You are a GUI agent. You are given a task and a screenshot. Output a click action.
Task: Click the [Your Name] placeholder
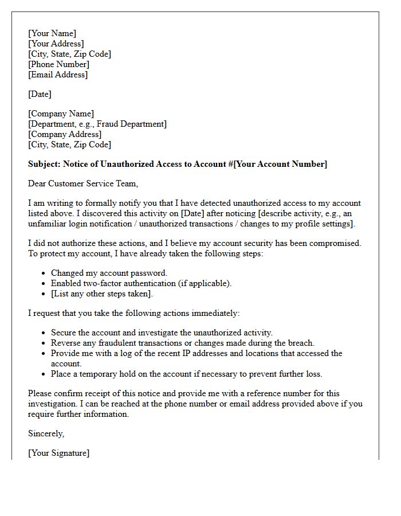pos(52,33)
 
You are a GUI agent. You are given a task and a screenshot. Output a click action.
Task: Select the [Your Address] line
pos(56,44)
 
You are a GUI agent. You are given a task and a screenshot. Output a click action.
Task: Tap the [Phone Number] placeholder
pos(59,64)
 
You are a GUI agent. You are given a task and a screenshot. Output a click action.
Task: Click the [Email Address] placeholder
pos(58,75)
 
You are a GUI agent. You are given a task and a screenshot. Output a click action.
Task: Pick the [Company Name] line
pos(61,114)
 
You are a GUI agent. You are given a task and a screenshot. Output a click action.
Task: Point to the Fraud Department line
pos(97,124)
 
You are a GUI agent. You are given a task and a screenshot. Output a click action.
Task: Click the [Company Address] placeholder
pos(65,134)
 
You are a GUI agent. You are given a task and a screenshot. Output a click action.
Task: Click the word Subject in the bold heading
pos(44,164)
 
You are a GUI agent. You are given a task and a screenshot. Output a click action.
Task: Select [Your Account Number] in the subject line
pos(281,164)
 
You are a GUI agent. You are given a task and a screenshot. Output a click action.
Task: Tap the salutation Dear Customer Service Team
pos(83,183)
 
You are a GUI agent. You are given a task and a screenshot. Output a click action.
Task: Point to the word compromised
pos(337,243)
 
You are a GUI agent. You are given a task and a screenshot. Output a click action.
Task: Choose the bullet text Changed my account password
pos(109,273)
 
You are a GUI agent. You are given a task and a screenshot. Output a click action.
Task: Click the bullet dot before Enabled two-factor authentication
pos(45,284)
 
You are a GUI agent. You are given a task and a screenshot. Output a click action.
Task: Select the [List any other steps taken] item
pos(102,294)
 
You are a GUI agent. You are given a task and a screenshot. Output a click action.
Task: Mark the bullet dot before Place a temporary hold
pos(45,374)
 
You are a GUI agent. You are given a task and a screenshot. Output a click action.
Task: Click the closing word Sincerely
pos(46,433)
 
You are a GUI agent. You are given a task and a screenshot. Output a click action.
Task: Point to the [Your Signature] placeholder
pos(59,453)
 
